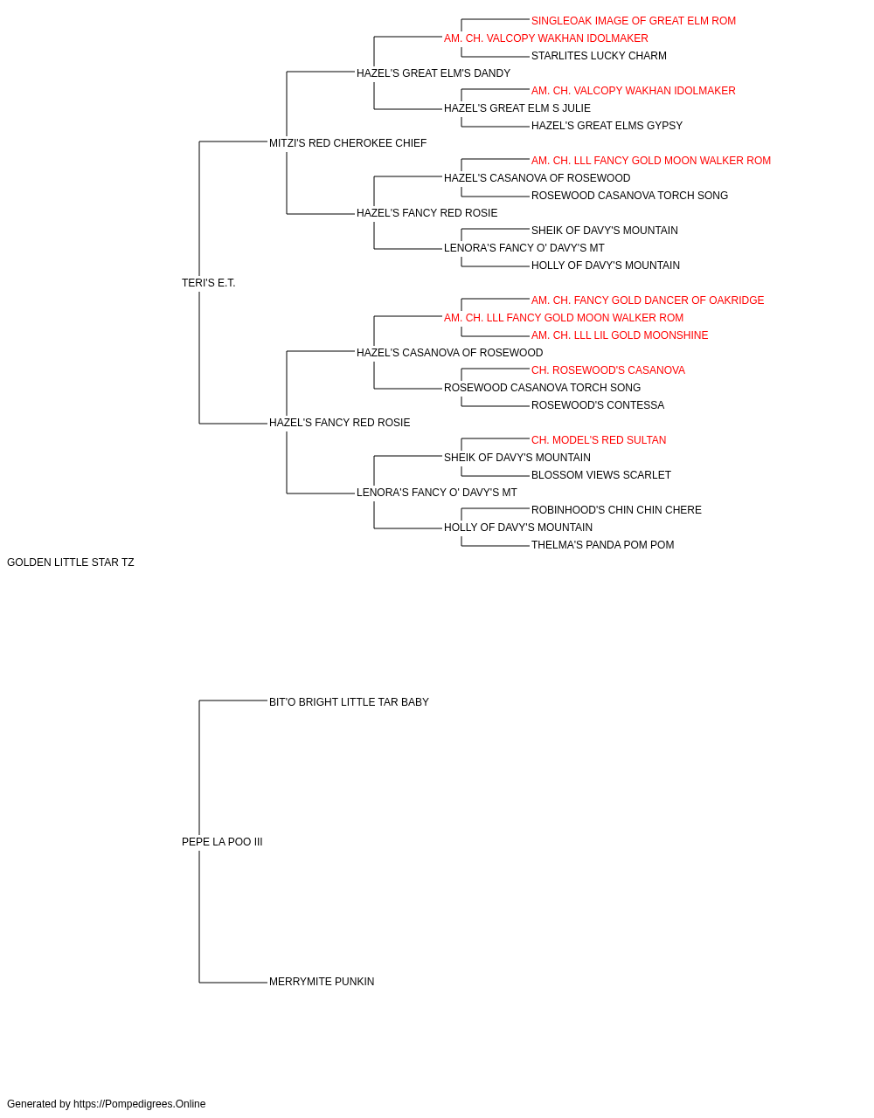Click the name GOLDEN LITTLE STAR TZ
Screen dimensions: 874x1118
[x=71, y=562]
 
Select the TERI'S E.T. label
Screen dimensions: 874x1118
[x=209, y=283]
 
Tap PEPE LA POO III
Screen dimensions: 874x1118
[x=222, y=842]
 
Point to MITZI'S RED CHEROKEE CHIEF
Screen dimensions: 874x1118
[x=348, y=143]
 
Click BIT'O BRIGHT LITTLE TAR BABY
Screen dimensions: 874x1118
[x=349, y=702]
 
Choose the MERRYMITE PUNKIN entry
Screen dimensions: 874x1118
[x=322, y=982]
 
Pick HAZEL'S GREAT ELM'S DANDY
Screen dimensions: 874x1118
[x=434, y=73]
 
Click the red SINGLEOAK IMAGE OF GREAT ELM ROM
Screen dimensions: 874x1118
[x=634, y=21]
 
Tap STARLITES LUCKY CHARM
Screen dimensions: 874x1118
[x=599, y=56]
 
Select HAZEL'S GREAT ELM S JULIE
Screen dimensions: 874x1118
[x=517, y=108]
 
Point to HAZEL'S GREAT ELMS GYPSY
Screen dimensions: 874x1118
[x=607, y=126]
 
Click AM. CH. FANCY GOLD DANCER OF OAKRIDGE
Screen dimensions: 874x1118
[x=648, y=300]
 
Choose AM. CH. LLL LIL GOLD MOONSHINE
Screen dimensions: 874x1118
[x=620, y=335]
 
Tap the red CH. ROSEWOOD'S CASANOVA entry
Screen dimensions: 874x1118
[x=608, y=370]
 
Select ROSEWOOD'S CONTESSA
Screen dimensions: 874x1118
[x=598, y=405]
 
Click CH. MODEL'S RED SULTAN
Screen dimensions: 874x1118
[x=599, y=440]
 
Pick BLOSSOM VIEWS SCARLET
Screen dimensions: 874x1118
[x=601, y=475]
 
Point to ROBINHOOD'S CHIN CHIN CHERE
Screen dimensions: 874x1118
[x=616, y=510]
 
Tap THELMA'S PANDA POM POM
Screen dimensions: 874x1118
[x=603, y=545]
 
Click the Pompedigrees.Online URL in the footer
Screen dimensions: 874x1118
[x=140, y=1104]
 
